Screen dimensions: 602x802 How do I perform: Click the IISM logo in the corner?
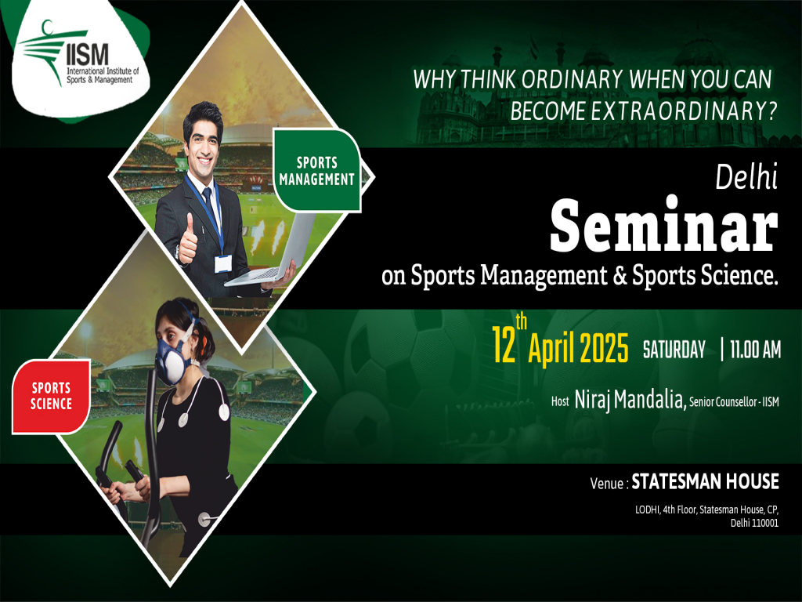[78, 55]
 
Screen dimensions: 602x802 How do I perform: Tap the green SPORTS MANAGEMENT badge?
[316, 171]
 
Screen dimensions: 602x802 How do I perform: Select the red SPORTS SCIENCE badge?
[51, 396]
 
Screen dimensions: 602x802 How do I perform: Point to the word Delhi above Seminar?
[746, 180]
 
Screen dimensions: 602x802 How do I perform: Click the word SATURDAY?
[674, 350]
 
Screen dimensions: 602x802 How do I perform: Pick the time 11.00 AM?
[754, 350]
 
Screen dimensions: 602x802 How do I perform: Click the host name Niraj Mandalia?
[630, 401]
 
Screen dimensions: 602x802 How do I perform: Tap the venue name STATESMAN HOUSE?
[705, 481]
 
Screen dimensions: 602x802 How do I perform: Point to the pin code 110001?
[763, 523]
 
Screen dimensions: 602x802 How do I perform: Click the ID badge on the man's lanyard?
[222, 262]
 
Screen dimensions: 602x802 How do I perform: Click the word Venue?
[608, 484]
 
